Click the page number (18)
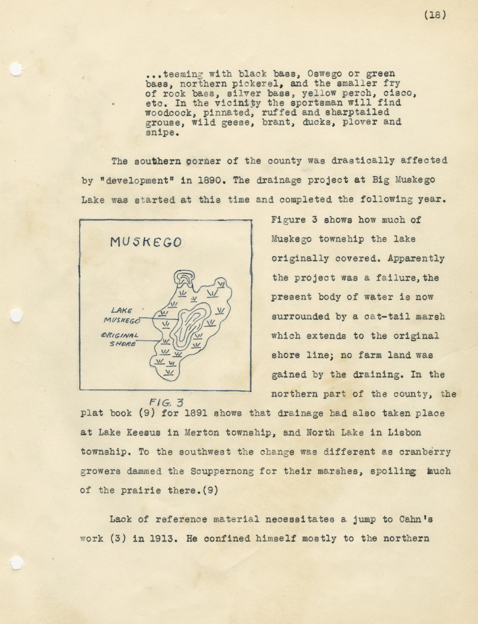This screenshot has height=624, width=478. click(435, 15)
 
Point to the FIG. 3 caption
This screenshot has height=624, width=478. click(166, 402)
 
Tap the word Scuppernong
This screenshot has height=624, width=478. click(222, 471)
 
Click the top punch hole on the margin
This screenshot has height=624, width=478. click(16, 69)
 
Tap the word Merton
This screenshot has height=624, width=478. click(202, 432)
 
